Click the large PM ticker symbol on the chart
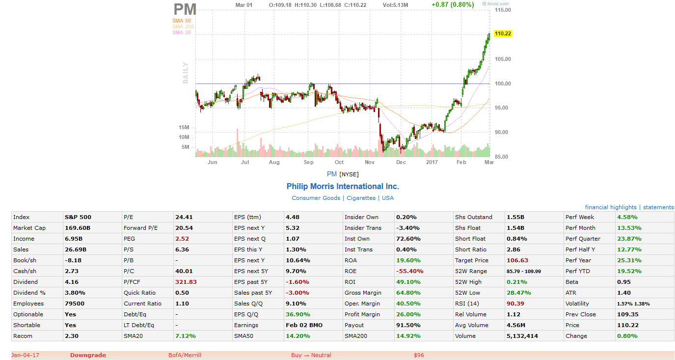[185, 9]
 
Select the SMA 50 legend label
[181, 21]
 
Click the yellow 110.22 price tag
[503, 34]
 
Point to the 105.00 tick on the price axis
[503, 59]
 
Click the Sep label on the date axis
[308, 162]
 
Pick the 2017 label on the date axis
[432, 162]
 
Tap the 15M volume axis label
[184, 128]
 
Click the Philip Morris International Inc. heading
[343, 187]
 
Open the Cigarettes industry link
[361, 198]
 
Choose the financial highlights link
[611, 207]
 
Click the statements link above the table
[658, 207]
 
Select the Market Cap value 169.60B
[78, 228]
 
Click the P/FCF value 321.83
[186, 282]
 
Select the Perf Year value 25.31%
[627, 260]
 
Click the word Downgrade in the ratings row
[88, 355]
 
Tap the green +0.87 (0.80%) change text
[452, 5]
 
